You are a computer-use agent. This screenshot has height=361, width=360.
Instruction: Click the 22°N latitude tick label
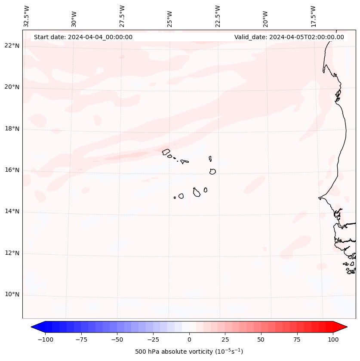pyautogui.click(x=12, y=46)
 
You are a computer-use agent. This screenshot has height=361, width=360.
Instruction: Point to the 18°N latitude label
pyautogui.click(x=12, y=129)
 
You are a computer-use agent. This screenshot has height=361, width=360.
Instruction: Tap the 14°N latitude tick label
pyautogui.click(x=12, y=212)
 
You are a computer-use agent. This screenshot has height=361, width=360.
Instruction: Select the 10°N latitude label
pyautogui.click(x=12, y=295)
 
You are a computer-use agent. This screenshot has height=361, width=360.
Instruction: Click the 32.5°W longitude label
pyautogui.click(x=27, y=16)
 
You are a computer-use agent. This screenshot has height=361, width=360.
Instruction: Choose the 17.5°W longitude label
pyautogui.click(x=313, y=16)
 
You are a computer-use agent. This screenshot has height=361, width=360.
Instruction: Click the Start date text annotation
pyautogui.click(x=83, y=37)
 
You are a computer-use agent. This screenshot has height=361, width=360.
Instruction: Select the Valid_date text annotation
pyautogui.click(x=289, y=37)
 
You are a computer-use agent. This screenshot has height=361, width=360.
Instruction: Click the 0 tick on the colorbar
pyautogui.click(x=189, y=339)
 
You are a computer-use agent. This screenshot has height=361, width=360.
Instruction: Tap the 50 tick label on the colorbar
pyautogui.click(x=261, y=339)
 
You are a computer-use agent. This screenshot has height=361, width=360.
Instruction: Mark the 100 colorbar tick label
pyautogui.click(x=332, y=339)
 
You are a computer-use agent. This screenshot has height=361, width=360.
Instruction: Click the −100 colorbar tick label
pyautogui.click(x=45, y=339)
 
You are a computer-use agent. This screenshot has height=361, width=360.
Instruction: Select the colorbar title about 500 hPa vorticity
pyautogui.click(x=189, y=352)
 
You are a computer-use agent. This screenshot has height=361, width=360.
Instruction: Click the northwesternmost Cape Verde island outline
pyautogui.click(x=166, y=151)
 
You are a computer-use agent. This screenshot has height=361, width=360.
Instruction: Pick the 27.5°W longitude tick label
pyautogui.click(x=122, y=16)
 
